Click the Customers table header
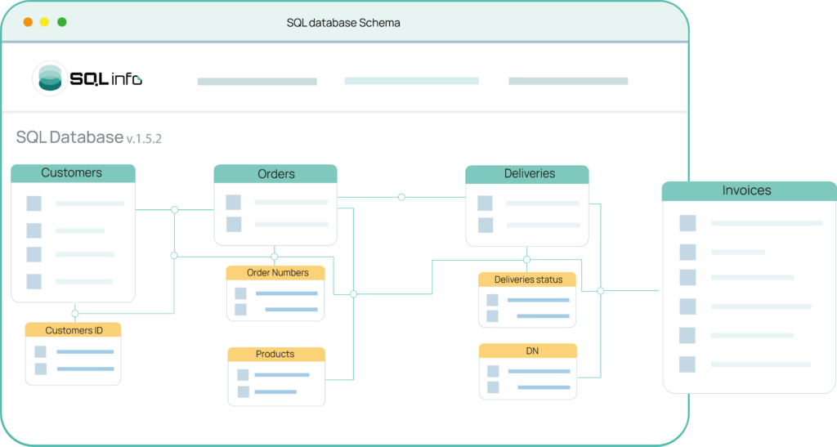pyautogui.click(x=73, y=173)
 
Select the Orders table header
pyautogui.click(x=275, y=174)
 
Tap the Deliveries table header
pyautogui.click(x=527, y=174)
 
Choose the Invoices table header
pyautogui.click(x=749, y=191)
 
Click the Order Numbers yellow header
pyautogui.click(x=275, y=273)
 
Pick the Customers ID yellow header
pyautogui.click(x=73, y=330)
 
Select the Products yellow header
pyautogui.click(x=276, y=354)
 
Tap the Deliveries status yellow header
pyautogui.click(x=527, y=279)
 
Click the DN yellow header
pyautogui.click(x=528, y=351)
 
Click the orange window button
pyautogui.click(x=28, y=22)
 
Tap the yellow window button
pyautogui.click(x=44, y=22)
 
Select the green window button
pyautogui.click(x=62, y=22)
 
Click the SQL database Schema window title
pyautogui.click(x=343, y=23)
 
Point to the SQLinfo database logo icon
pyautogui.click(x=50, y=78)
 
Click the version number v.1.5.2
pyautogui.click(x=144, y=139)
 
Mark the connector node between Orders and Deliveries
pyautogui.click(x=401, y=198)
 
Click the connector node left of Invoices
pyautogui.click(x=601, y=291)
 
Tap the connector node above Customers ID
pyautogui.click(x=74, y=314)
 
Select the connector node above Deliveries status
pyautogui.click(x=527, y=260)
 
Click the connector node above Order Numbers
pyautogui.click(x=275, y=257)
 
